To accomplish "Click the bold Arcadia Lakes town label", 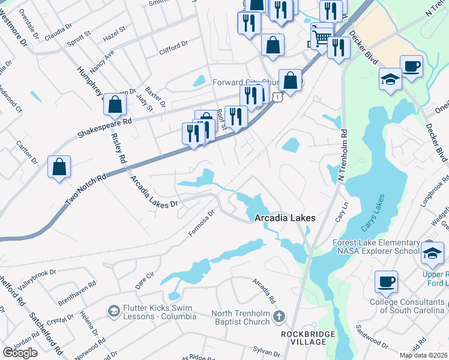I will (284, 218).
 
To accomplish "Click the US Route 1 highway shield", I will (277, 96).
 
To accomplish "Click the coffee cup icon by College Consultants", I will (387, 281).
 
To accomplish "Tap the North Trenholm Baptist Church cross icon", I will (279, 316).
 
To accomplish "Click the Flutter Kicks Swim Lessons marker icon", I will (113, 311).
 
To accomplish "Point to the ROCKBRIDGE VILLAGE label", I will (304, 337).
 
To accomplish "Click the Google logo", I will (20, 352).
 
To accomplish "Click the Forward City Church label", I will (246, 82).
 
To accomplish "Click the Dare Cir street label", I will (145, 277).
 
